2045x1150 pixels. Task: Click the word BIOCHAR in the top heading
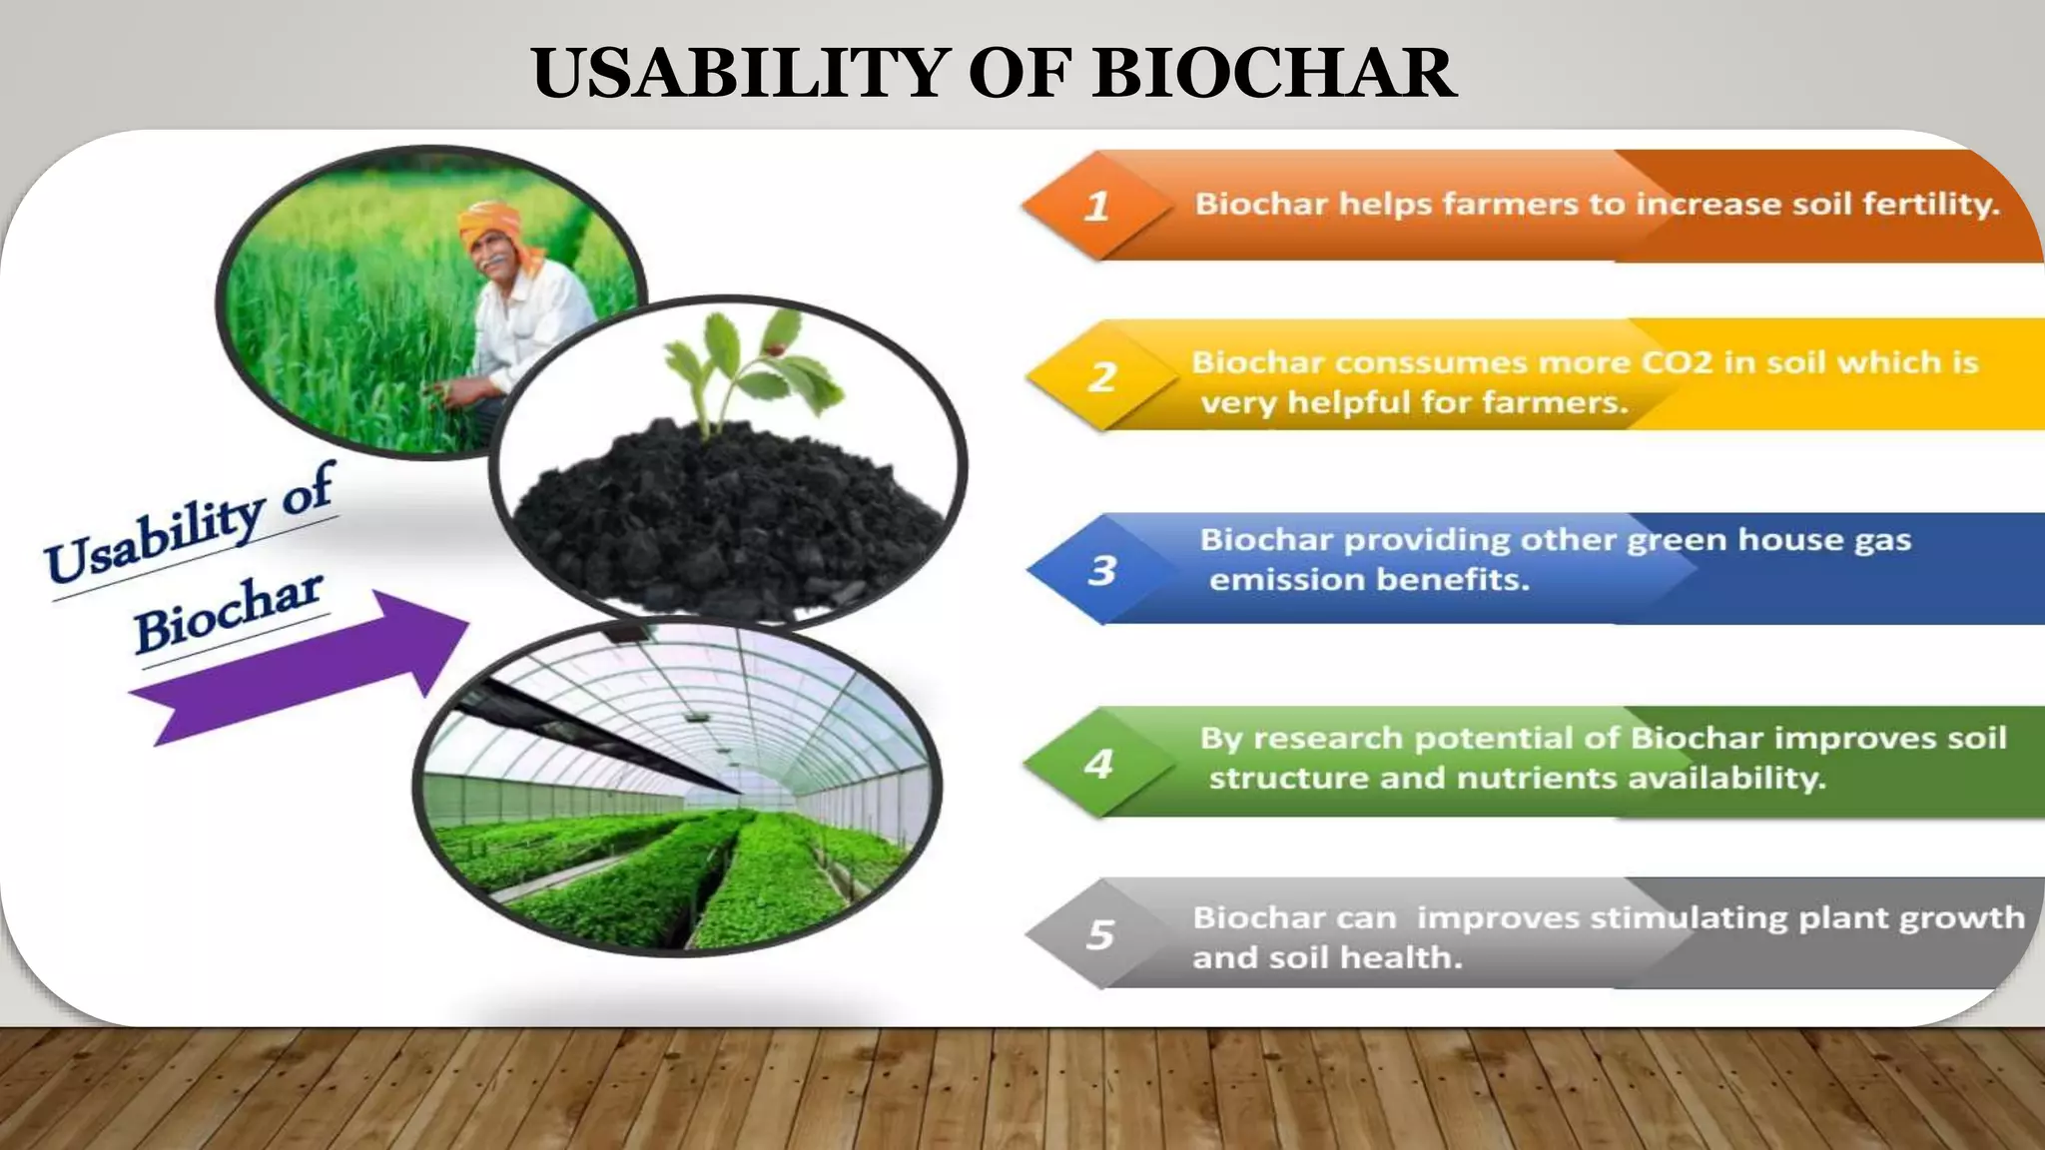(x=1274, y=73)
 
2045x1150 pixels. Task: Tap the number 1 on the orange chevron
(x=1096, y=207)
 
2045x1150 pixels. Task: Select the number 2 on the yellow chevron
(x=1101, y=377)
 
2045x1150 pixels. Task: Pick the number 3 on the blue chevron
(x=1101, y=570)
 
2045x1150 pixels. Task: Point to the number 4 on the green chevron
(x=1098, y=764)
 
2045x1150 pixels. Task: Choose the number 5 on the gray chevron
(x=1099, y=934)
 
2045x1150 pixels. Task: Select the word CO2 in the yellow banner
(x=1676, y=362)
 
